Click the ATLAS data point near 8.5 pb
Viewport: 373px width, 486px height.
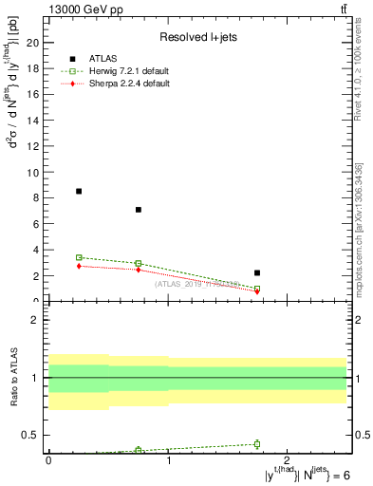point(79,191)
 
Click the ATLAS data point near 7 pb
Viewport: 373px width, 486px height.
point(139,210)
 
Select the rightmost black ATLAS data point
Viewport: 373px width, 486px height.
point(257,272)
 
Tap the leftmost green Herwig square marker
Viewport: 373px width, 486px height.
point(79,257)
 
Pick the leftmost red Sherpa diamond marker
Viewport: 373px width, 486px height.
point(79,266)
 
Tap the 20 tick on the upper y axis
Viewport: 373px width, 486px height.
point(34,43)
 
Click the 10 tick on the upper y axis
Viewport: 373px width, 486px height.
point(34,172)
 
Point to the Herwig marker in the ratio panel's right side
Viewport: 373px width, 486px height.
point(257,443)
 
